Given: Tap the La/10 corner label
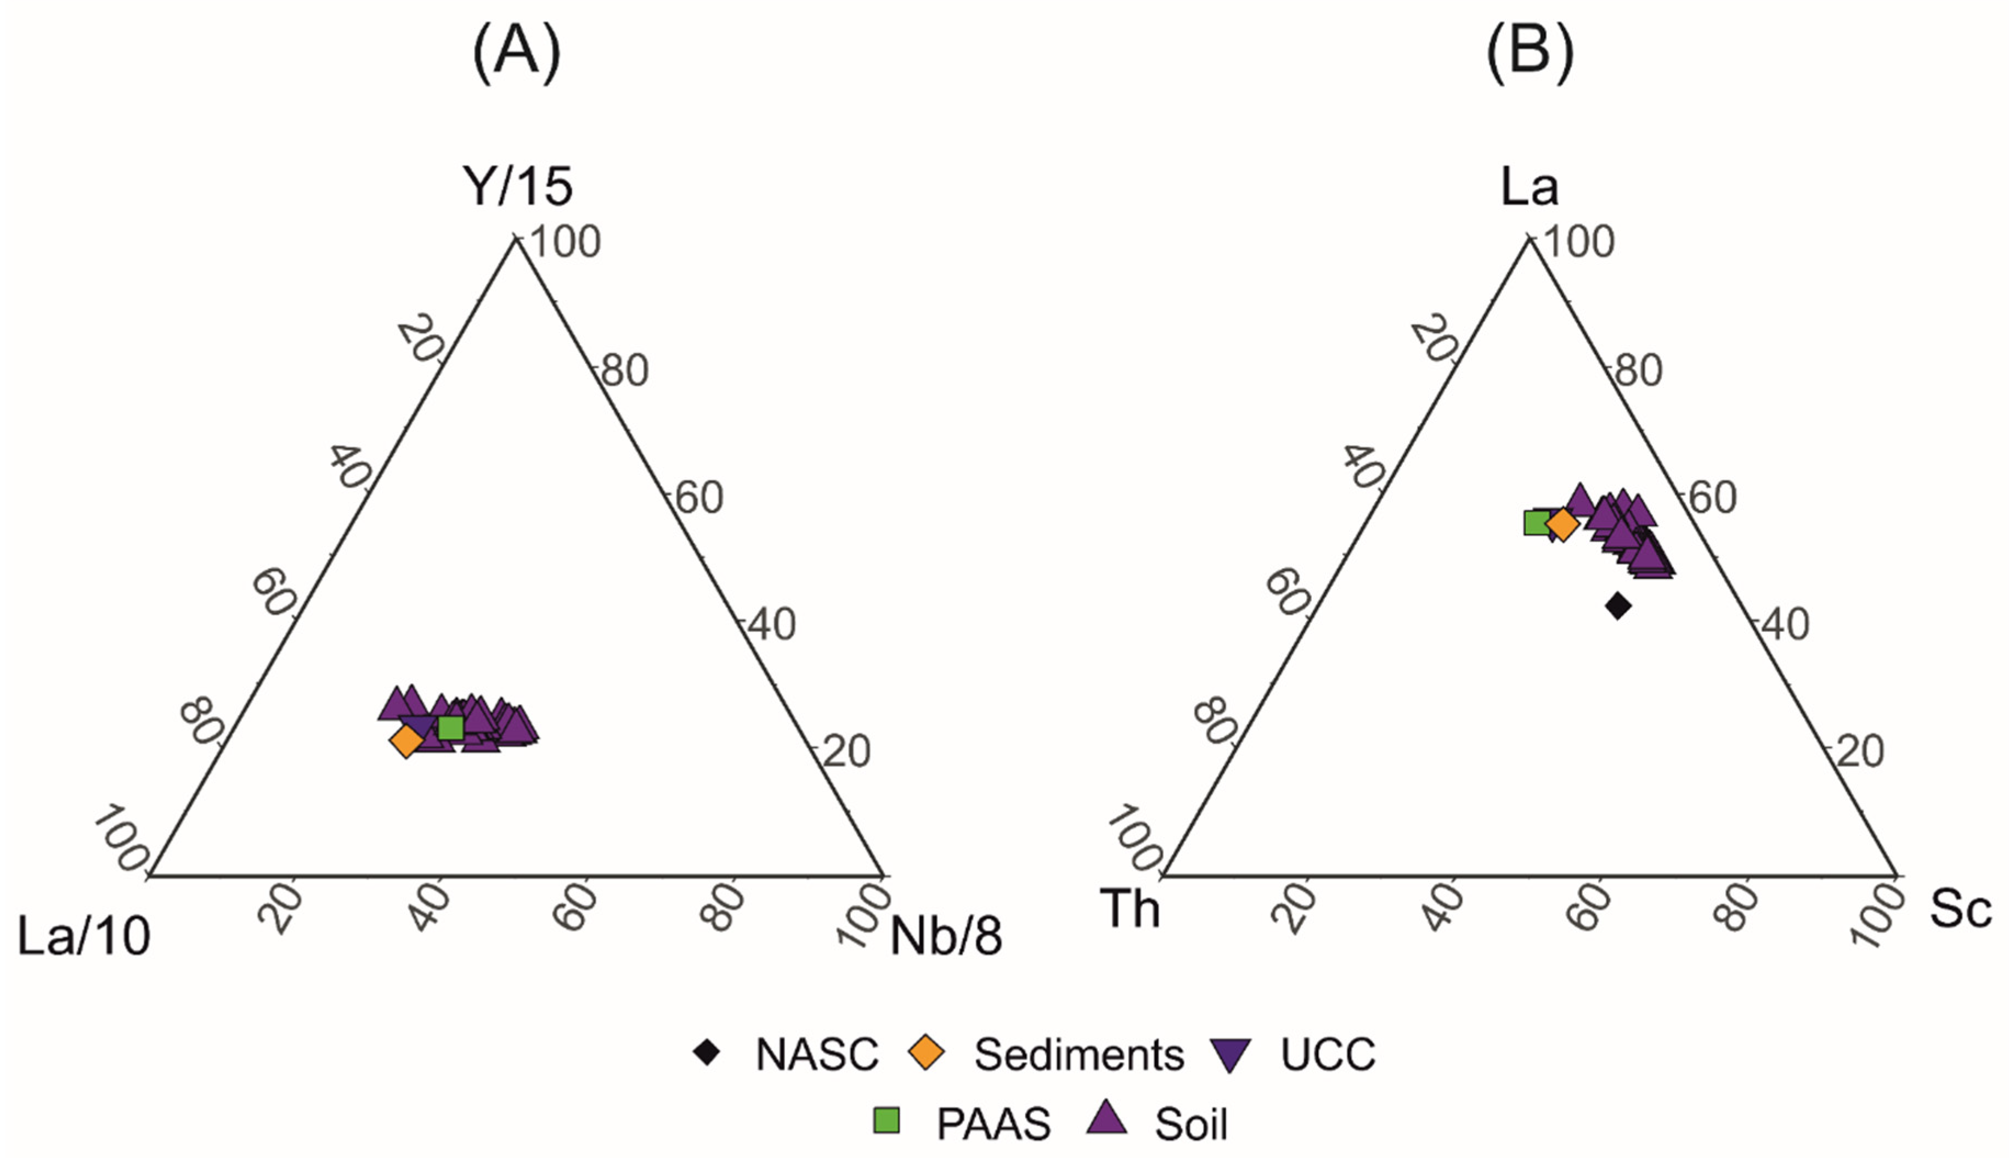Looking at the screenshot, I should coord(83,936).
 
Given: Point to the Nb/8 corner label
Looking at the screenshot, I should coord(946,936).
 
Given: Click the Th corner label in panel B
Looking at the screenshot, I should coord(1130,909).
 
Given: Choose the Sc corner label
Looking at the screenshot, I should coord(1961,909).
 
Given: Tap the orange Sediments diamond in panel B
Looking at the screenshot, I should coord(1562,524).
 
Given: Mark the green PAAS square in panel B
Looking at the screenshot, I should coord(1536,522).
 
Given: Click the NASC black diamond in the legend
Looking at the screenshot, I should coord(707,1053).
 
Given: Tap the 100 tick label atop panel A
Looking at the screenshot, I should coord(565,242).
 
